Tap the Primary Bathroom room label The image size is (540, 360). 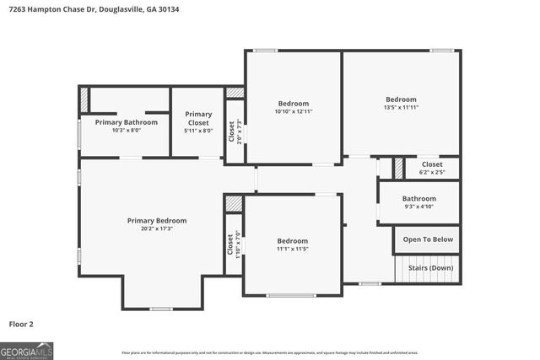coord(126,122)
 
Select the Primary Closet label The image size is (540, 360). coord(198,118)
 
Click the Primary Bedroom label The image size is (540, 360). coord(157,220)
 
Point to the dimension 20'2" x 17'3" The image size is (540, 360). coord(157,228)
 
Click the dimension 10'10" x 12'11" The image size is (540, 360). coord(294,111)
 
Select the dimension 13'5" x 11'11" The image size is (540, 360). coord(401,107)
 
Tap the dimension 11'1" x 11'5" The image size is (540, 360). coord(293,249)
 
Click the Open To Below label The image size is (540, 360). coord(427,239)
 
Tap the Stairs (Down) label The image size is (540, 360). coord(429,268)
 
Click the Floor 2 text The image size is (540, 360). coord(21,323)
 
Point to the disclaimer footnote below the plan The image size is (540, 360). coord(269,352)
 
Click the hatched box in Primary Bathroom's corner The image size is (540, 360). coord(84,99)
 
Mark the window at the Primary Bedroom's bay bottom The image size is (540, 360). coord(162,309)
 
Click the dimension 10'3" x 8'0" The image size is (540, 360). coord(126,131)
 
